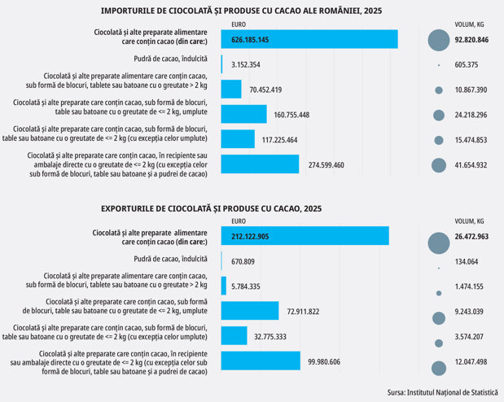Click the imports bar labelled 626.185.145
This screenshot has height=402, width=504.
click(309, 39)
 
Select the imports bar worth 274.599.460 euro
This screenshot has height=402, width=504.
click(260, 164)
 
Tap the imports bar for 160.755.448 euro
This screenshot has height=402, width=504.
click(244, 114)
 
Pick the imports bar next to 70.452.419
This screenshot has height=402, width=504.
click(231, 89)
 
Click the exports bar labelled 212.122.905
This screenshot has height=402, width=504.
click(305, 236)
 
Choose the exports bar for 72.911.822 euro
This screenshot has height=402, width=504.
click(250, 311)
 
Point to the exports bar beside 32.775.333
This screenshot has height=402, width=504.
click(234, 336)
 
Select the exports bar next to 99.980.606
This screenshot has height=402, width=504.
click(261, 360)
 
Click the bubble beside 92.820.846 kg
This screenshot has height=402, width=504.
click(439, 40)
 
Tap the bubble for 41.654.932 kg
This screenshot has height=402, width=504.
click(439, 165)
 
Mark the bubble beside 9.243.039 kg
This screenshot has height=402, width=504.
click(439, 318)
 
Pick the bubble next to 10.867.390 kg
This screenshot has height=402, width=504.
click(439, 90)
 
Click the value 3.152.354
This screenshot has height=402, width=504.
click(246, 64)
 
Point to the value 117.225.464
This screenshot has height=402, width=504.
click(279, 140)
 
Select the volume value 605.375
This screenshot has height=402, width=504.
click(466, 64)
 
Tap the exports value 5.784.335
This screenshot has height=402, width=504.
click(246, 286)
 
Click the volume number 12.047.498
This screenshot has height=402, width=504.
click(471, 362)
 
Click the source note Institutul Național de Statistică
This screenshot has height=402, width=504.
click(452, 392)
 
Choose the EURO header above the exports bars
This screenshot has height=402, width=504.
click(239, 221)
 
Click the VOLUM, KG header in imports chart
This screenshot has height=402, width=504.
click(469, 24)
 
